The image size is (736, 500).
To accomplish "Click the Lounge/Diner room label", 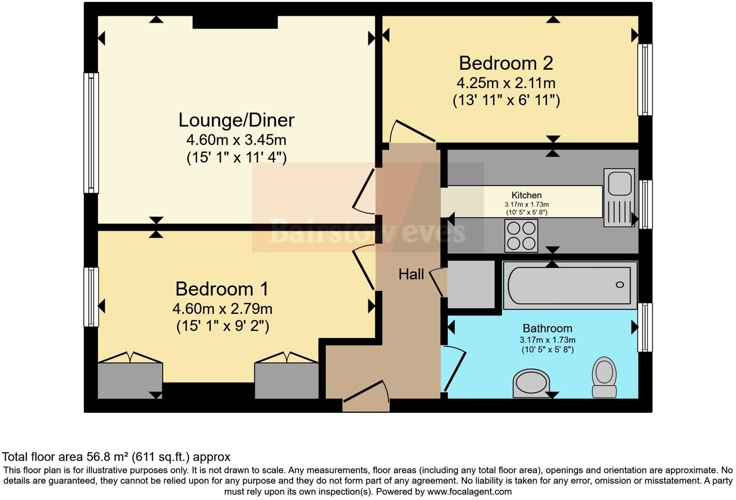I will coord(236,120).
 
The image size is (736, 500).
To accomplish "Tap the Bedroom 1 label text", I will coord(222,289).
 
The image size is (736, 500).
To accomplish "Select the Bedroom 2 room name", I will coord(506,63).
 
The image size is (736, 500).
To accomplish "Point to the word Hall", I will coord(411,274).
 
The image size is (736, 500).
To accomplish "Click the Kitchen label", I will coord(526,195).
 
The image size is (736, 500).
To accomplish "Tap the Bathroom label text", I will coord(547,328).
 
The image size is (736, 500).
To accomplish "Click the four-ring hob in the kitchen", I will coord(521,235).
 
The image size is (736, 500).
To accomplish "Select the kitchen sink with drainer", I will coord(619,198).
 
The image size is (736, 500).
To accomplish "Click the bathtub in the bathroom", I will coord(570,285).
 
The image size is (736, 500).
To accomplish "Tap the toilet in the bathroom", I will coord(604,377).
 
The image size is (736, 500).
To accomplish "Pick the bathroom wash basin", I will coord(531,383).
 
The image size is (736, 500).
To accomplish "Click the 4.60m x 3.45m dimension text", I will coord(236,140).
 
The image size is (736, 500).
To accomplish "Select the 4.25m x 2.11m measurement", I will coord(506,83).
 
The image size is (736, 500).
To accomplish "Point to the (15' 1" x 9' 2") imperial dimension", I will coord(222,326).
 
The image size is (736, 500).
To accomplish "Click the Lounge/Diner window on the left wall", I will coord(91,133).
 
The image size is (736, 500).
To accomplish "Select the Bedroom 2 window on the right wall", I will coord(644,79).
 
